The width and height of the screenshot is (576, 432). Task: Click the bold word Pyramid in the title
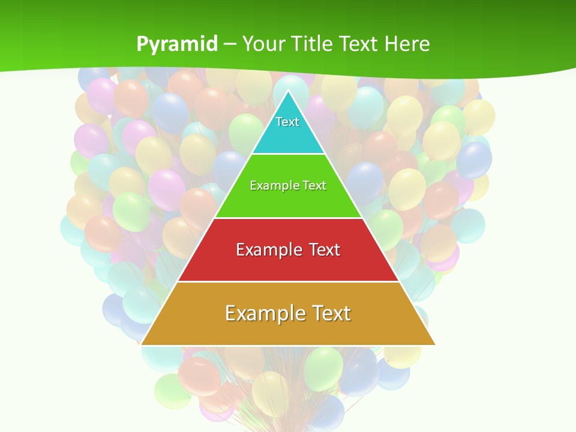177,44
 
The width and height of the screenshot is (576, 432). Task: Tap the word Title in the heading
314,44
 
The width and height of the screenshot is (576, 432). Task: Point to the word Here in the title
407,44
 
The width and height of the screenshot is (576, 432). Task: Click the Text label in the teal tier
287,122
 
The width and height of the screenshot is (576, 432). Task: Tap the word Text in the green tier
315,185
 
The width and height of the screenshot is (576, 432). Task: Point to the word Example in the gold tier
264,313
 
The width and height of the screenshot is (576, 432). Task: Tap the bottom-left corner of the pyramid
142,344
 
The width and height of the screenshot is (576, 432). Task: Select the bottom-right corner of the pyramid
434,344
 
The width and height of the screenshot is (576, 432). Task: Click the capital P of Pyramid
142,44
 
